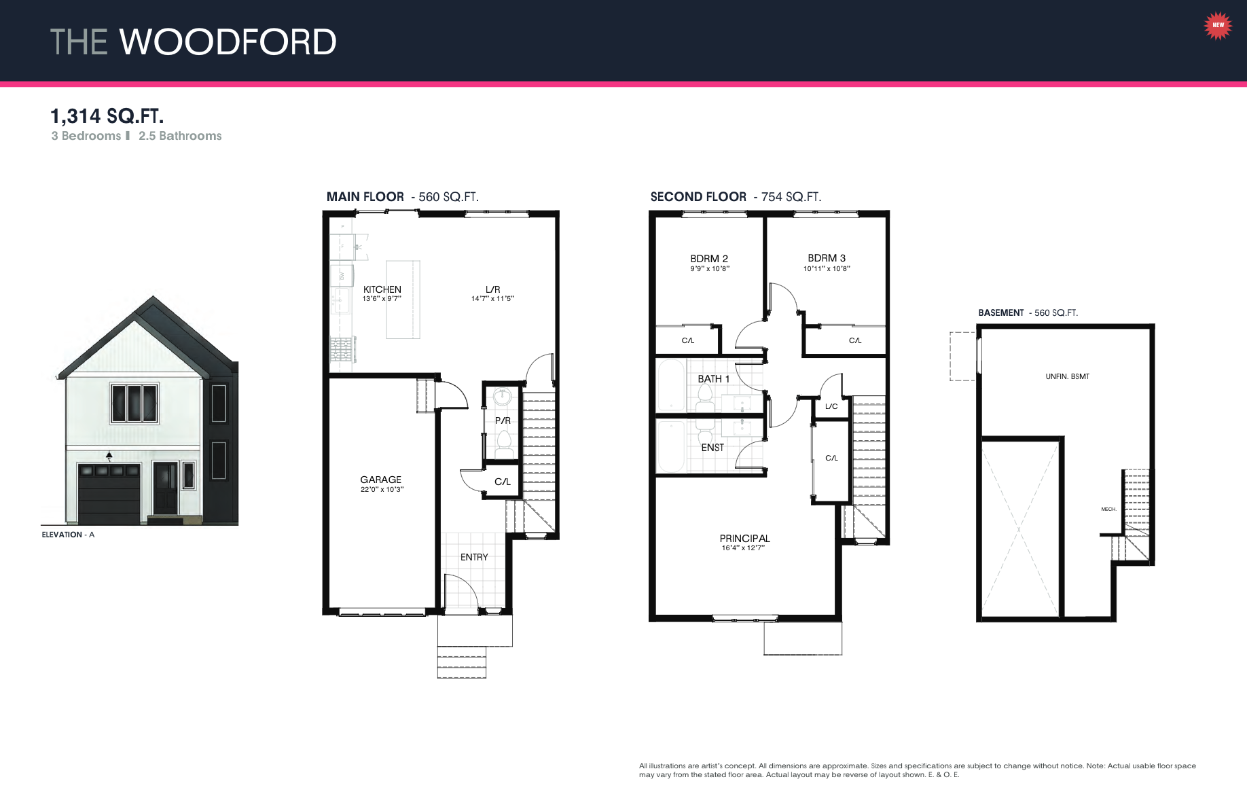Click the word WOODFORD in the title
(x=228, y=42)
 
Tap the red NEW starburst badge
(x=1218, y=25)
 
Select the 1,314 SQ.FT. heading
(x=107, y=116)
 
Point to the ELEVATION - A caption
(x=68, y=535)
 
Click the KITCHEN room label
(x=382, y=289)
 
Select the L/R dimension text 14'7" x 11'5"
(x=492, y=299)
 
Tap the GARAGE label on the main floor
(x=380, y=480)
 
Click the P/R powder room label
(x=503, y=420)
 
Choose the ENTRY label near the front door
(x=474, y=557)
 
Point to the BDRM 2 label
(x=709, y=259)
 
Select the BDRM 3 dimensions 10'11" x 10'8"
(x=827, y=269)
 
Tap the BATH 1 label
(x=713, y=379)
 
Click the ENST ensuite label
(x=712, y=448)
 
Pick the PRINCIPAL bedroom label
(x=744, y=539)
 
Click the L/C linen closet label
(x=831, y=407)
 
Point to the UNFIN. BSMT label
(x=1067, y=376)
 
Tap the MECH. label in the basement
(x=1108, y=509)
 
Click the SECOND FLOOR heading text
(x=698, y=197)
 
